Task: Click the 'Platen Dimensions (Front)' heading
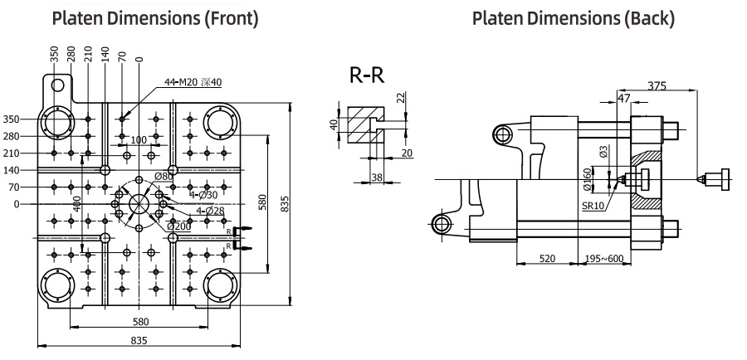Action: [155, 18]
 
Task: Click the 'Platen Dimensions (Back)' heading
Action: [573, 18]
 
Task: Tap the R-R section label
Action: [367, 75]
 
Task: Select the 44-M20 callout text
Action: [193, 82]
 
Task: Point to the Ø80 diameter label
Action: [164, 177]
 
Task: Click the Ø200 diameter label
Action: [179, 226]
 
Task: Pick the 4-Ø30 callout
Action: [203, 195]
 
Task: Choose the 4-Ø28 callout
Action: [210, 210]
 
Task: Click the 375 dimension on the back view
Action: [657, 85]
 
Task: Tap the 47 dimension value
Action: [623, 98]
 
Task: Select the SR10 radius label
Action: [593, 206]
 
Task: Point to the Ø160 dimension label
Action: [588, 179]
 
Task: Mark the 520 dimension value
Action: [547, 258]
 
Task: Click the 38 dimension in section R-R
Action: [376, 178]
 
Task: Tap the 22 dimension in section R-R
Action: [401, 98]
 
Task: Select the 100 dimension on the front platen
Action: [138, 140]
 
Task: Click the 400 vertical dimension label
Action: [76, 203]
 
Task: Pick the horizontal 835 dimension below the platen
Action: [139, 340]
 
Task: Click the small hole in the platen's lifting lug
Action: [57, 85]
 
